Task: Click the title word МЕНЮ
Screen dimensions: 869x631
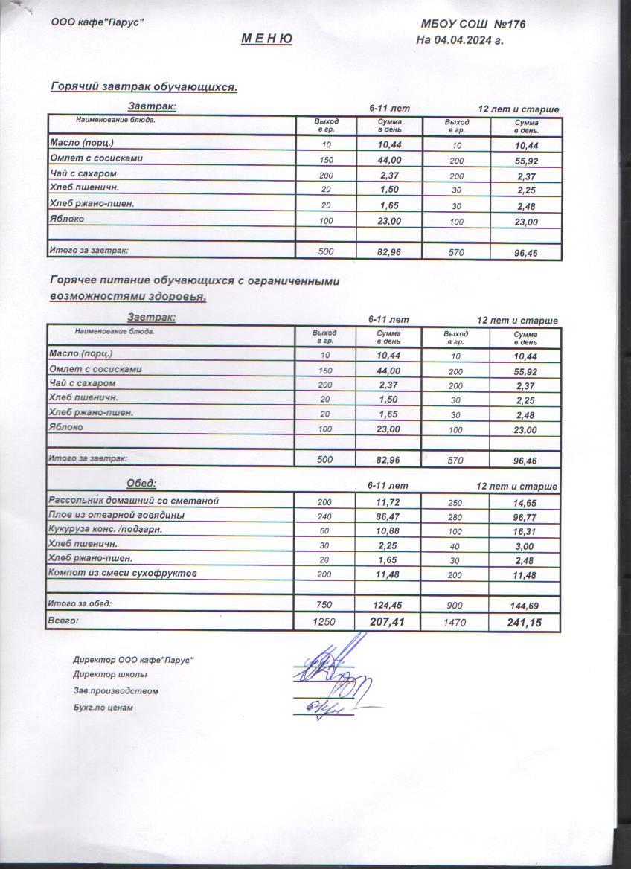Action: (266, 39)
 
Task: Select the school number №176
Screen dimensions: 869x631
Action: (510, 25)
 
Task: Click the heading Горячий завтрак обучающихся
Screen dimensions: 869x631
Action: (144, 87)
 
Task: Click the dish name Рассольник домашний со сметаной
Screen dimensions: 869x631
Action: (134, 501)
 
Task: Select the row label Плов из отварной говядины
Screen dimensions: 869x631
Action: (116, 515)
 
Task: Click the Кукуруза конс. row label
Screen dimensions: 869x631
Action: (105, 530)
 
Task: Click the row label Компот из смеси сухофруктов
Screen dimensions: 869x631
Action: (123, 573)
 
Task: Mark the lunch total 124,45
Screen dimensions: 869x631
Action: (388, 605)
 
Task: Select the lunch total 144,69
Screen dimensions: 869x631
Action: (525, 606)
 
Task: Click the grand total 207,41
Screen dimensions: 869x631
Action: (388, 621)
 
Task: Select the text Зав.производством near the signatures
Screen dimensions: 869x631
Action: (115, 691)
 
